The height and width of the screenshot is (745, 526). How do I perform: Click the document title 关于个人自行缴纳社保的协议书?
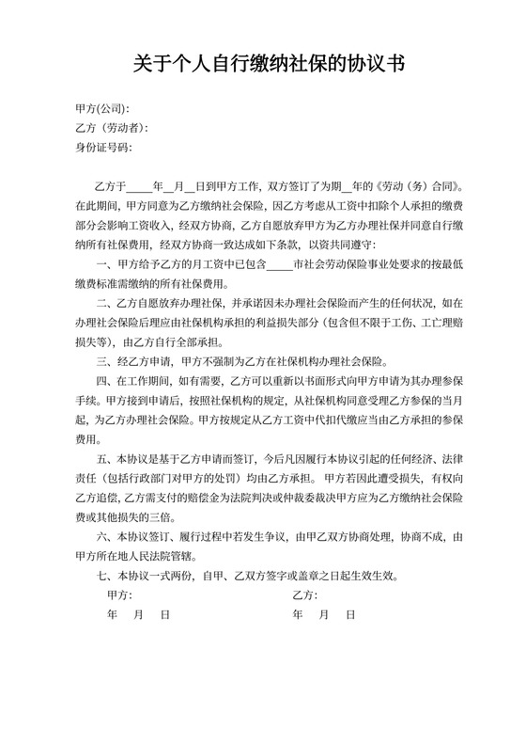click(x=263, y=65)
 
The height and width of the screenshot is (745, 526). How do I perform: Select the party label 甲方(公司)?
click(x=101, y=108)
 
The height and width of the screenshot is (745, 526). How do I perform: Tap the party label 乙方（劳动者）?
click(x=112, y=128)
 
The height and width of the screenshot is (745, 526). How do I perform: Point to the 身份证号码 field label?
click(x=103, y=148)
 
